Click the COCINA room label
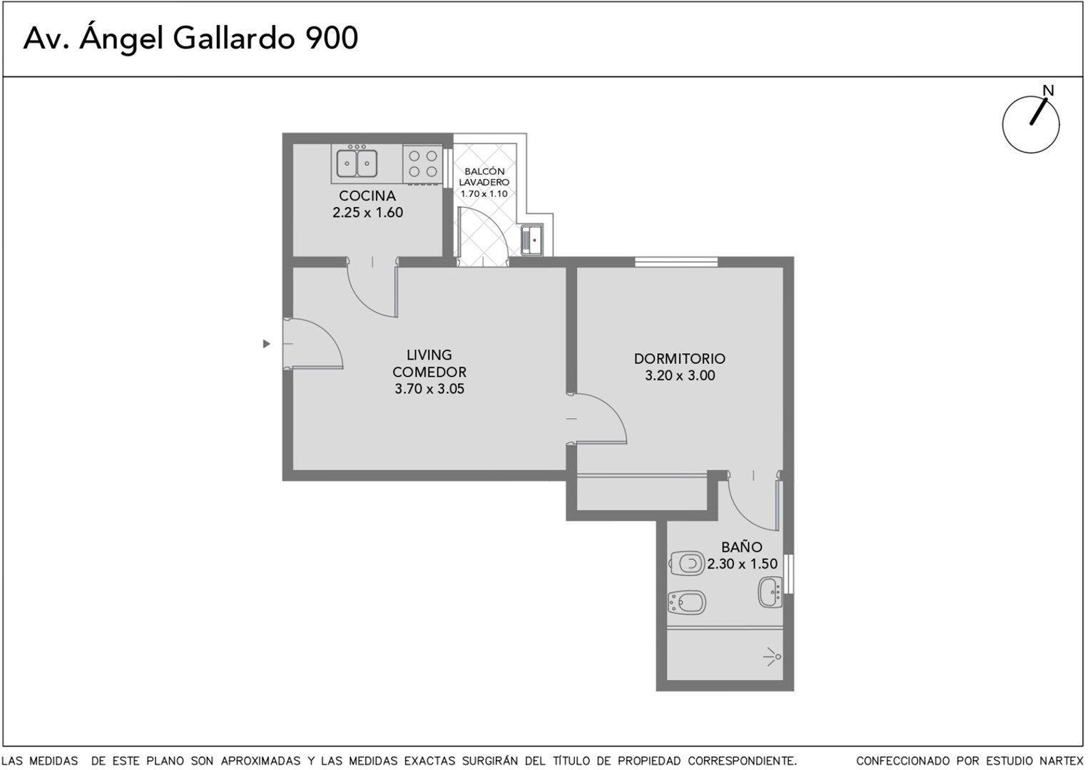[x=367, y=196]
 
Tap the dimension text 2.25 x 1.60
[x=368, y=213]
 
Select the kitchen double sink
[x=357, y=163]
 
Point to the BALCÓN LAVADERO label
[x=484, y=177]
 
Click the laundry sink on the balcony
[x=532, y=240]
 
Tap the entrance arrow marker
[x=266, y=344]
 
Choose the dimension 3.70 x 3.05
[x=429, y=389]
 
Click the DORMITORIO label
[x=679, y=359]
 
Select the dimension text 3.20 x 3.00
[x=680, y=376]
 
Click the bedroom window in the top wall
[x=676, y=262]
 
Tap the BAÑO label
[x=742, y=547]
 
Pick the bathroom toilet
[x=687, y=564]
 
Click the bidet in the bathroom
[x=687, y=602]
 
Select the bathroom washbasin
[x=770, y=592]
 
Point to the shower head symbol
[x=773, y=657]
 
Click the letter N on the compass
[x=1048, y=91]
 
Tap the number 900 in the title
[x=332, y=39]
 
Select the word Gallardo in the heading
[x=234, y=39]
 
